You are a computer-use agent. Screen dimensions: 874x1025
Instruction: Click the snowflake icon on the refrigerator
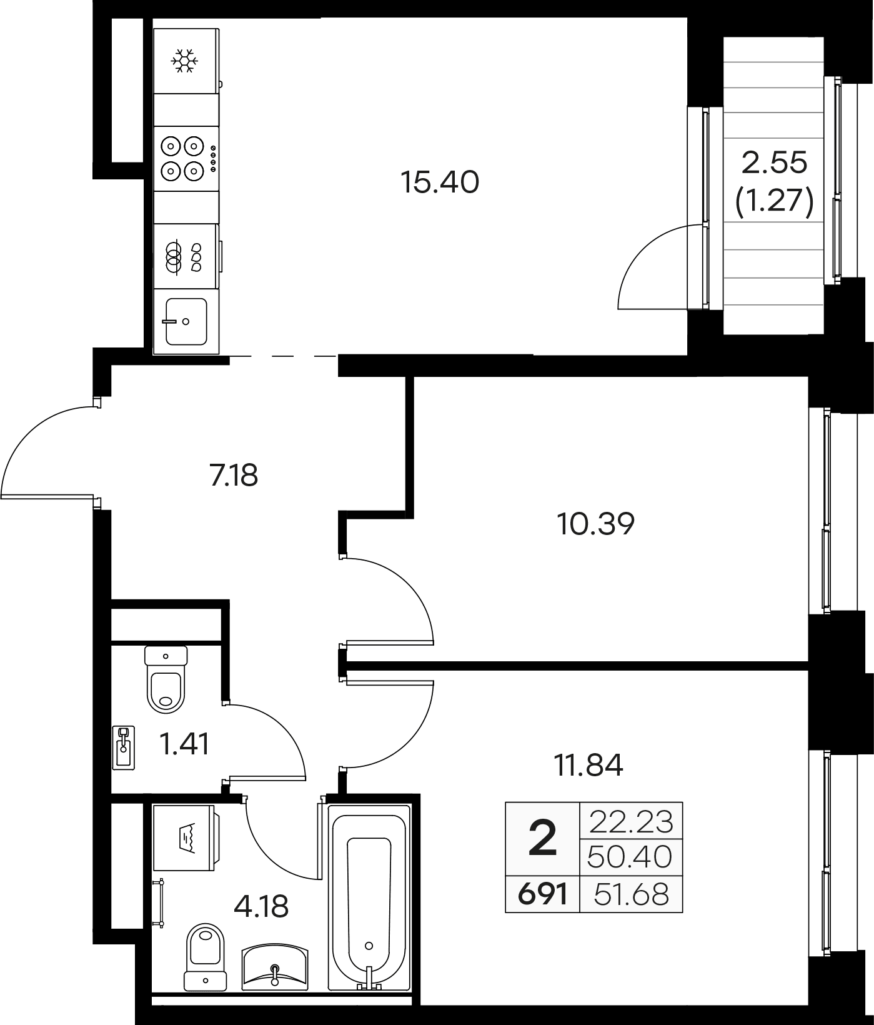[x=186, y=61]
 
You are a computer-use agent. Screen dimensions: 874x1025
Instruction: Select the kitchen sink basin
[x=186, y=321]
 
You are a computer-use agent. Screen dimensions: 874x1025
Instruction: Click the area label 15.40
[x=440, y=182]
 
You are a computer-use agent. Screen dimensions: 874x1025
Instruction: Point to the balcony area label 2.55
[x=775, y=163]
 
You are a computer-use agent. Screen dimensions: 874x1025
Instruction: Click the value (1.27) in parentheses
[x=775, y=202]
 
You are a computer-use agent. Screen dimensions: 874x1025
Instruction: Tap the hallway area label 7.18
[x=234, y=476]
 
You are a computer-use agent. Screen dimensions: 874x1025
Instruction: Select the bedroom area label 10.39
[x=595, y=524]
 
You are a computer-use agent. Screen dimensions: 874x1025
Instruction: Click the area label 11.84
[x=588, y=765]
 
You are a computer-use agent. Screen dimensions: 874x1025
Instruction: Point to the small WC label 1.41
[x=184, y=744]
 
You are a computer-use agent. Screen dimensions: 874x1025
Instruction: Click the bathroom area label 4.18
[x=261, y=906]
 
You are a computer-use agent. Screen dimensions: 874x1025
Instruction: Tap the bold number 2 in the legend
[x=542, y=839]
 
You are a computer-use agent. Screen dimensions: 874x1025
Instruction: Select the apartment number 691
[x=542, y=894]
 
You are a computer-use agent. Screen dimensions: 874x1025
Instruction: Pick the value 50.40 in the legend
[x=630, y=857]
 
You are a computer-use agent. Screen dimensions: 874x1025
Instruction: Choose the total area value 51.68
[x=632, y=894]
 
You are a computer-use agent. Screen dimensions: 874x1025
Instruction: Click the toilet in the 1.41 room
[x=166, y=679]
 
